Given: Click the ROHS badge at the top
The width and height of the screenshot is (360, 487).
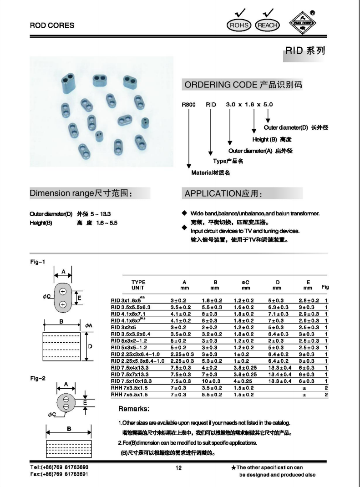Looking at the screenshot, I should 238,25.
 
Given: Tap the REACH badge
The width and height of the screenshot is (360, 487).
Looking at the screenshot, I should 267,25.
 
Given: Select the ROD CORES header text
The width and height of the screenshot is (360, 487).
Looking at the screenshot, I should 52,25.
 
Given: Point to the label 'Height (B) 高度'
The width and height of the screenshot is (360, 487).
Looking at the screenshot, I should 272,139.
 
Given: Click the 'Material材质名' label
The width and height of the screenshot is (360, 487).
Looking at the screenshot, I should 210,172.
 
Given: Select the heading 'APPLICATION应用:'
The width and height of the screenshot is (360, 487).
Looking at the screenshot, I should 223,194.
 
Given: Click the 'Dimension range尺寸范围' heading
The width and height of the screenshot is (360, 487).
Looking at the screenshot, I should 81,193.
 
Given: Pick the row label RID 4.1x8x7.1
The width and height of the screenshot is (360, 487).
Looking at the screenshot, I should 128,314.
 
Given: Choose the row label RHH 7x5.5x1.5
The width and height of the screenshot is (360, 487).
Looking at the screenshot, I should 130,395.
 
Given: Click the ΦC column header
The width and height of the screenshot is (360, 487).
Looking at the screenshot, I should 246,282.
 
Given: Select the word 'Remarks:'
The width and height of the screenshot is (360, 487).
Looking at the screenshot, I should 133,409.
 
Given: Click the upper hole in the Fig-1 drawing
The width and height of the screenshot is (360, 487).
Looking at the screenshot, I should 63,292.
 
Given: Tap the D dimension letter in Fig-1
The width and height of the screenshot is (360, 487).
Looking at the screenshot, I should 90,346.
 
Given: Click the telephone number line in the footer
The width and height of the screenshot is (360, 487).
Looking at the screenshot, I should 59,467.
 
